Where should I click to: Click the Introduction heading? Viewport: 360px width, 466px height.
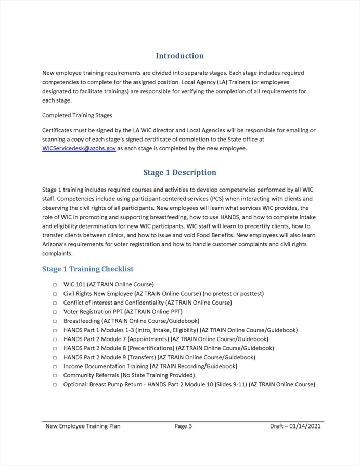click(x=179, y=56)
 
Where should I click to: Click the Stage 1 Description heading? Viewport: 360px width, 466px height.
click(x=179, y=172)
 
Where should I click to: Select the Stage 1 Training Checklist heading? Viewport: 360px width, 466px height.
click(x=87, y=269)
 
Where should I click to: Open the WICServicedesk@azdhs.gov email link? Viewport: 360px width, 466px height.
click(x=79, y=148)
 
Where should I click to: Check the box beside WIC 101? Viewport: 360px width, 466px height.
click(x=55, y=285)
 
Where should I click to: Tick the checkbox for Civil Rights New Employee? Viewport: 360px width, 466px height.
click(x=55, y=294)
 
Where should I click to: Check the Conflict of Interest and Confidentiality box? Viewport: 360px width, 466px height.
click(x=55, y=303)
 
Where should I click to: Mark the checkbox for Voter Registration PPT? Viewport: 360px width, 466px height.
click(x=55, y=312)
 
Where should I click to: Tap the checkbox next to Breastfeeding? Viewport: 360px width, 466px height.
click(x=55, y=321)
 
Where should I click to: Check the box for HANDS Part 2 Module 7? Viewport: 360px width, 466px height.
click(x=55, y=339)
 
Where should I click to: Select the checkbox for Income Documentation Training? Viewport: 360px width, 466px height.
click(x=55, y=367)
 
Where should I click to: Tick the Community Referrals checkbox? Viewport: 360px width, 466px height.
click(x=55, y=375)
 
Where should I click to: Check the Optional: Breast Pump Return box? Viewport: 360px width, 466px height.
click(x=55, y=385)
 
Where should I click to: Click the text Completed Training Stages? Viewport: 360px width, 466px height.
click(x=77, y=115)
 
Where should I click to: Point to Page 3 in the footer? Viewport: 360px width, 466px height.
click(x=183, y=426)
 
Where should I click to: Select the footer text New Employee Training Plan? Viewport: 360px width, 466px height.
click(x=83, y=426)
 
